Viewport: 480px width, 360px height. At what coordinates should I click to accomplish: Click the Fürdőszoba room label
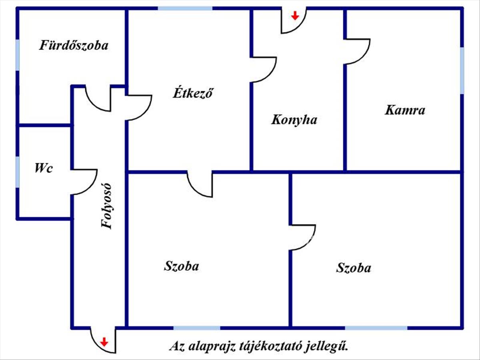point(74,46)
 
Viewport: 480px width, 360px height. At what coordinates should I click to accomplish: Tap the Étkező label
point(193,93)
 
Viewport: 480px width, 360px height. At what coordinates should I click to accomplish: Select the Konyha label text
point(294,120)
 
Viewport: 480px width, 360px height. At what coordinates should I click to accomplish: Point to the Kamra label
point(405,110)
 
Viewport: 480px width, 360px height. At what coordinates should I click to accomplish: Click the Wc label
point(44,168)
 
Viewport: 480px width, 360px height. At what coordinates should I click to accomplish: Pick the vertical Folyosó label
point(107,206)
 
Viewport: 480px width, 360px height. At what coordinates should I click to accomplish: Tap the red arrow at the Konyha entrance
point(295,16)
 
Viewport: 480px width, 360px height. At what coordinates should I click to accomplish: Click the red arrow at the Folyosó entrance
point(104,342)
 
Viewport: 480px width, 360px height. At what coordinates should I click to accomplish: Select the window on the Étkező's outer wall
point(185,8)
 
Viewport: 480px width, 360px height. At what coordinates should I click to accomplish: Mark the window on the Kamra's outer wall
point(462,71)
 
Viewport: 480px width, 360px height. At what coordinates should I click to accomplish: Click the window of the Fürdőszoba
point(18,55)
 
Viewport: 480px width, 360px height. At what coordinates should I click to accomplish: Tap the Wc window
point(18,172)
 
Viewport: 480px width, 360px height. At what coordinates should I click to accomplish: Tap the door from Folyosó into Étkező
point(146,113)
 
